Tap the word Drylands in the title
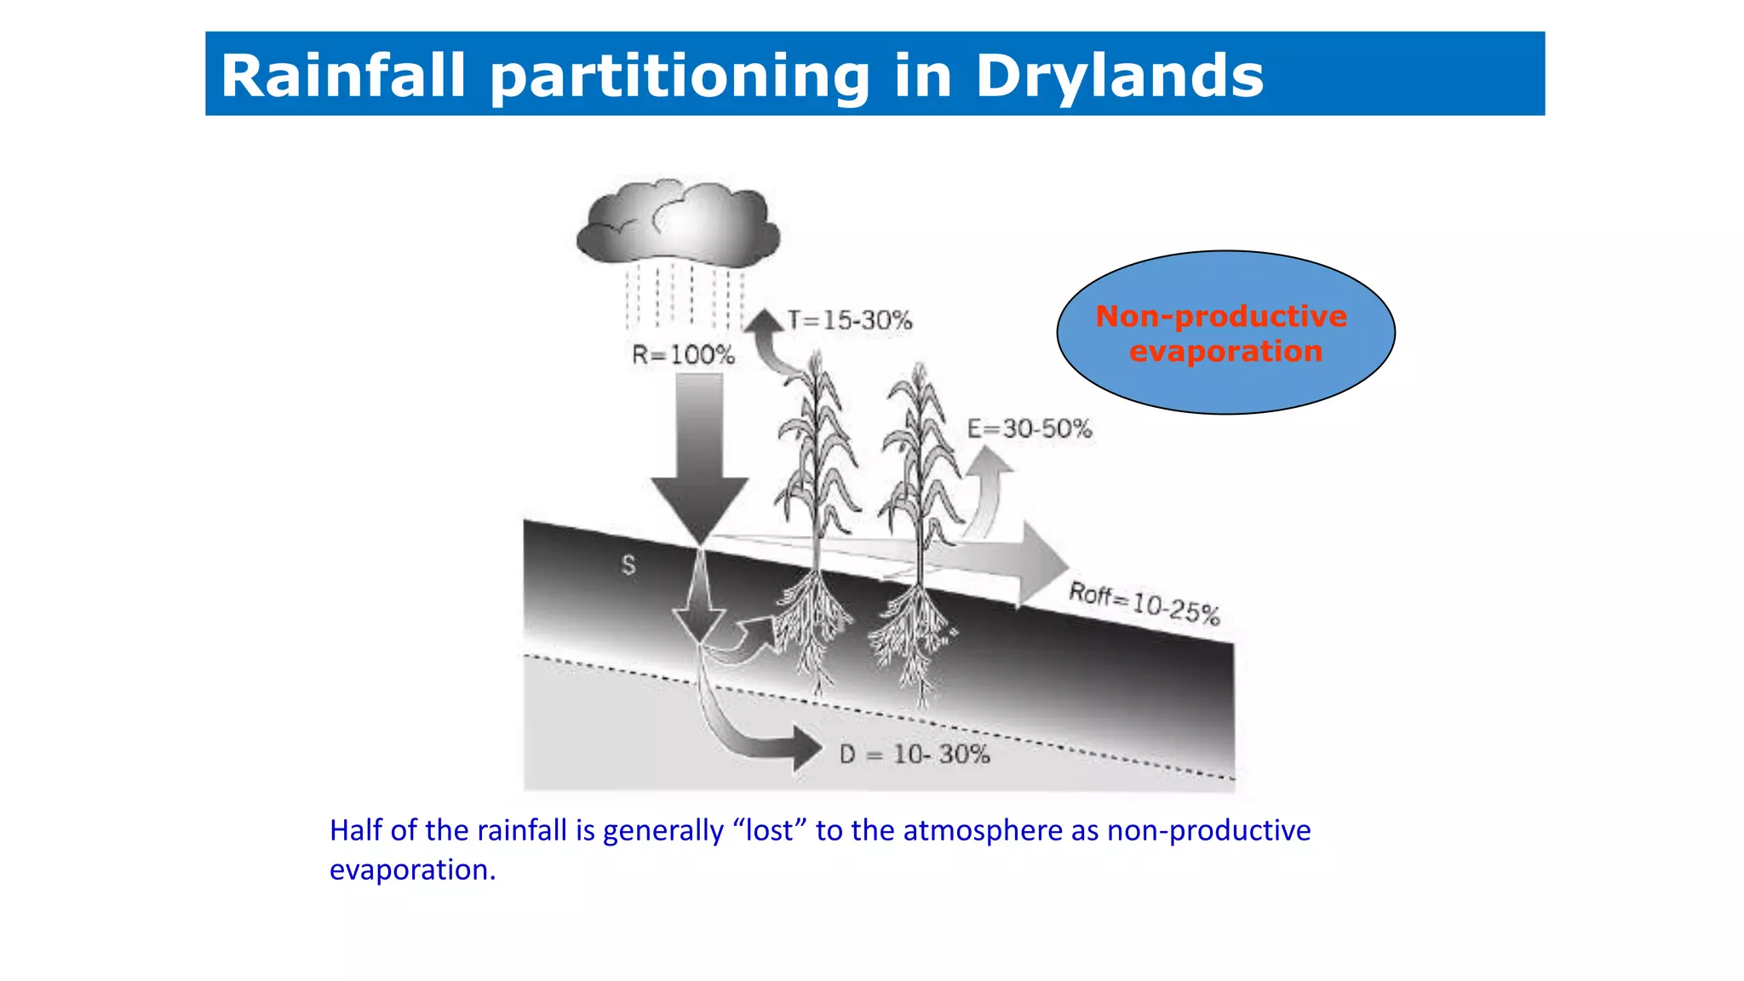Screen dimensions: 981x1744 coord(1119,77)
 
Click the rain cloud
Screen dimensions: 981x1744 coord(678,223)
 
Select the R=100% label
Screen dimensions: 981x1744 coord(683,355)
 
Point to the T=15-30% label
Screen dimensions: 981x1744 coord(849,321)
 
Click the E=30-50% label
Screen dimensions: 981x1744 coord(1029,428)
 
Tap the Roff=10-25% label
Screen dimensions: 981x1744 coord(1144,602)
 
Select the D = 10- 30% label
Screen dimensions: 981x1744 coord(915,754)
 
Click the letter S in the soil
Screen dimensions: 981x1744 coord(628,565)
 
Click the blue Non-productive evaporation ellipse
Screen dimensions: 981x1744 coord(1225,333)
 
